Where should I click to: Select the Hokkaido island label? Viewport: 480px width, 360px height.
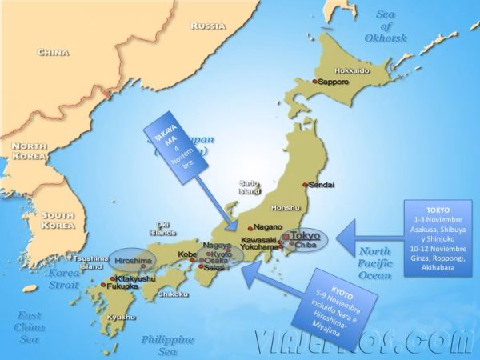pyautogui.click(x=351, y=70)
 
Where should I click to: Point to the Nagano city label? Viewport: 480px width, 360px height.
pyautogui.click(x=267, y=226)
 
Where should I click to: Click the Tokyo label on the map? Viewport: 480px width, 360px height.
pyautogui.click(x=305, y=236)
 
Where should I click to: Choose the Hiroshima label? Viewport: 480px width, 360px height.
pyautogui.click(x=131, y=261)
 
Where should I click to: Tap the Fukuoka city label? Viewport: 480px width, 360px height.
pyautogui.click(x=122, y=286)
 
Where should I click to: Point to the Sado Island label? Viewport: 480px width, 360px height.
pyautogui.click(x=250, y=187)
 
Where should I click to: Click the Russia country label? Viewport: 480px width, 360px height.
pyautogui.click(x=210, y=26)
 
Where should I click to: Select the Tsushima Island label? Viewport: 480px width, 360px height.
pyautogui.click(x=88, y=262)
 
